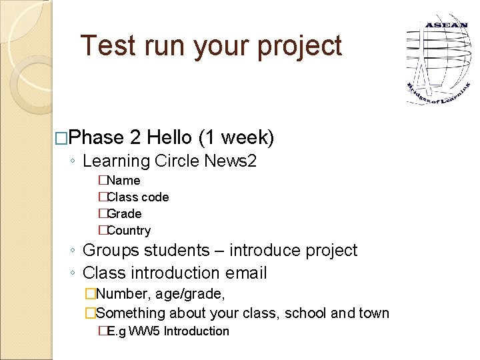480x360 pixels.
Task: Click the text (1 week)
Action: [236, 138]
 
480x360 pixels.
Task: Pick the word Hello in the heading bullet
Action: [169, 138]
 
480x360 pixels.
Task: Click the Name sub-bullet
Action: [123, 181]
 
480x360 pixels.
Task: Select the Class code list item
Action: [137, 197]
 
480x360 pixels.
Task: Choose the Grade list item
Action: [124, 214]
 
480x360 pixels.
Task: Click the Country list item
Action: [129, 231]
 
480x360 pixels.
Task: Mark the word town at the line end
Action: [374, 313]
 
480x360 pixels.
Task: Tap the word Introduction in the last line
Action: [196, 331]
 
